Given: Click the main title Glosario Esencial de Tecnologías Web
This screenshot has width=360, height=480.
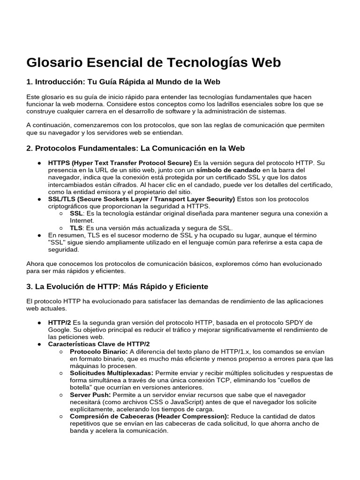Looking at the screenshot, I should click(x=153, y=62).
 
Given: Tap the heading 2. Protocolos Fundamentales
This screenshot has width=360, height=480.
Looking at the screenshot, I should click(x=135, y=149).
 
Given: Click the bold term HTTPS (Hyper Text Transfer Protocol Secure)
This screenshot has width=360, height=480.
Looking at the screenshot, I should click(x=117, y=163).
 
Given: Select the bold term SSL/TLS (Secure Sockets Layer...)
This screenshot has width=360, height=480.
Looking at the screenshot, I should click(x=141, y=199).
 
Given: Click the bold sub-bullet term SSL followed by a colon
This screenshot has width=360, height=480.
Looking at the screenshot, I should click(x=76, y=213).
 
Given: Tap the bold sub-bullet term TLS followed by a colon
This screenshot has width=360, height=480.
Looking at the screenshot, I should click(x=76, y=227).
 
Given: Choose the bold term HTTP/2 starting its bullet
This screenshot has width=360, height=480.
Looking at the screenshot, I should click(x=59, y=323).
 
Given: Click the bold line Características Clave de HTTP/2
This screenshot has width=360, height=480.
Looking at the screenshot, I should click(x=98, y=344).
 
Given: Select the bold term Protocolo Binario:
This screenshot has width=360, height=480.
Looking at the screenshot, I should click(x=98, y=352).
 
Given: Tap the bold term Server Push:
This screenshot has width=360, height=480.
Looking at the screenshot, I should click(x=90, y=395).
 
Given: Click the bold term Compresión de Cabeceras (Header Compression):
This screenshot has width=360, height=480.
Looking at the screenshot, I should click(x=150, y=416).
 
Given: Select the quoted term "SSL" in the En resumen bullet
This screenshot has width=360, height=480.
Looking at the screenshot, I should click(x=58, y=242).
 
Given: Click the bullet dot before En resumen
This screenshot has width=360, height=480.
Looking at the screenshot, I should click(x=39, y=235).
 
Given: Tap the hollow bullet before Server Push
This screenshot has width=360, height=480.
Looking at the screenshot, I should click(x=62, y=395).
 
